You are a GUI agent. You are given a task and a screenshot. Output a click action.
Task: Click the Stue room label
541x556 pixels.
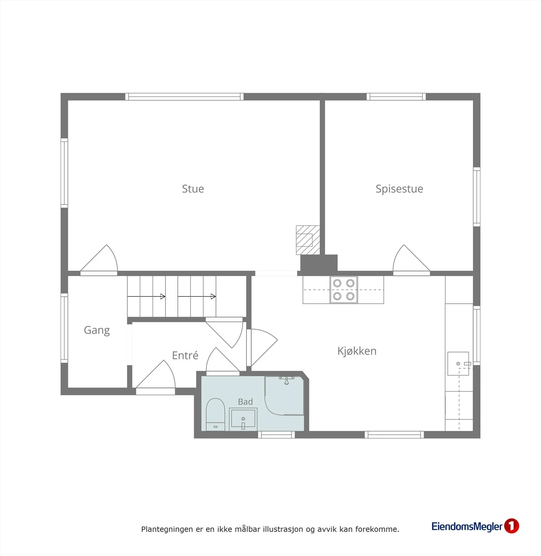pos(193,189)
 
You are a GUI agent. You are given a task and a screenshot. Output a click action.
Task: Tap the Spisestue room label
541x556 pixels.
pos(399,189)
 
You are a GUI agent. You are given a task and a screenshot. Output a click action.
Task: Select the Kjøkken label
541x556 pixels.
pos(357,351)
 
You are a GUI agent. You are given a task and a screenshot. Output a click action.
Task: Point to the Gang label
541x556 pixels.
pos(97,330)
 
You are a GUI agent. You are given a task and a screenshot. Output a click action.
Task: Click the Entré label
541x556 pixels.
pos(185,355)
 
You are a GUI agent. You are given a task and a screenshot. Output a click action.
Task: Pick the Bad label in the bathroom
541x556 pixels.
pos(245,402)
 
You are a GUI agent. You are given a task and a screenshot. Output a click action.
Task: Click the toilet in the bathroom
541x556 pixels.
pos(215,414)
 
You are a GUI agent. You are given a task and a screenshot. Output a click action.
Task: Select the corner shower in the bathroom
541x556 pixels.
pos(284,395)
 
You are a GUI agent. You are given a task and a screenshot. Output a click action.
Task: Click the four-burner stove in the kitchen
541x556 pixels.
pos(344,290)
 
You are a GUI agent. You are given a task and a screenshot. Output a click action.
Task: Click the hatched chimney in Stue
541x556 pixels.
pos(308,240)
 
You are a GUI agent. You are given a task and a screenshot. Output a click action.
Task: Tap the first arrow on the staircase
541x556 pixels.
pos(146,296)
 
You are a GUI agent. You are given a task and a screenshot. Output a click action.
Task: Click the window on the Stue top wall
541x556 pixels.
pos(184,97)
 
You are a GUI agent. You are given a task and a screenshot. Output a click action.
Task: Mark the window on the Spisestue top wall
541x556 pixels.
pos(396,97)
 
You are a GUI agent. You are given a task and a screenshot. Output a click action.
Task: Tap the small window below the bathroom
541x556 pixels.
pos(276,435)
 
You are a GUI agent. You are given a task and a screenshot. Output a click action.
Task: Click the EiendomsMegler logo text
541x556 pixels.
pos(467,526)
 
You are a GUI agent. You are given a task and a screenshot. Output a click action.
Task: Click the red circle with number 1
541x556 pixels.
pos(511,526)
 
